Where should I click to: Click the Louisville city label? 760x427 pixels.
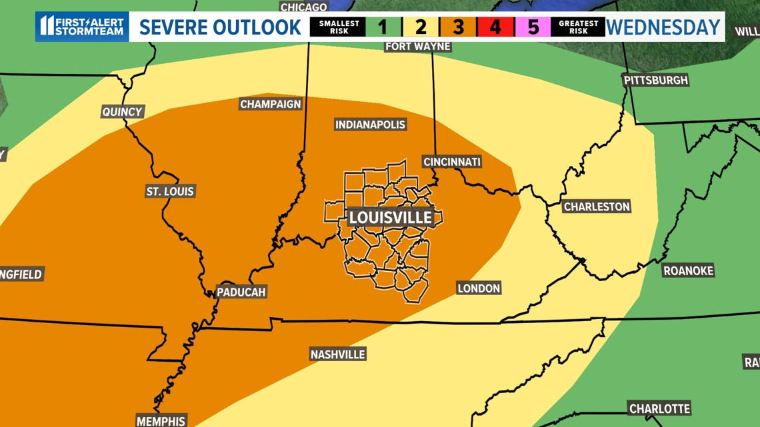coord(391,218)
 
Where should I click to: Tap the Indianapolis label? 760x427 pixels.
coord(370,125)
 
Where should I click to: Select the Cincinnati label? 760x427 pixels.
coord(451,162)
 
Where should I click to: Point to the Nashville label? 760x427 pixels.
coord(337,354)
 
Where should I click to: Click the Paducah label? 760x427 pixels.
coord(241,292)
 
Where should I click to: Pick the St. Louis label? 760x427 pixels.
coord(170,192)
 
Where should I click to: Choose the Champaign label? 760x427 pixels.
coord(270,105)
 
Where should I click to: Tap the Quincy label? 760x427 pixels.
coord(122,112)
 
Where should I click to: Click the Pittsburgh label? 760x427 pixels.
coord(655,80)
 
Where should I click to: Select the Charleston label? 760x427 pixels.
coord(597,207)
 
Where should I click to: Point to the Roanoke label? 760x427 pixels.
coord(688,270)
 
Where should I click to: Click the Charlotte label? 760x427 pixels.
coord(659,408)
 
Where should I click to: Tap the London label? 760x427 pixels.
coord(479,288)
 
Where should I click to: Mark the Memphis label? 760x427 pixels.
coord(161,420)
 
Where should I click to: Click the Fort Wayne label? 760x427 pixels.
coord(418,46)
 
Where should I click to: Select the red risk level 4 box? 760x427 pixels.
coord(495,27)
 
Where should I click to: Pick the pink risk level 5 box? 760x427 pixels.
coord(532,27)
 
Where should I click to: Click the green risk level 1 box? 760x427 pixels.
coord(383,27)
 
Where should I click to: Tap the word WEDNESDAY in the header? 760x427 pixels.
coord(663,27)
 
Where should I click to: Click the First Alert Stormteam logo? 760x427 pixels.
coord(82,27)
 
